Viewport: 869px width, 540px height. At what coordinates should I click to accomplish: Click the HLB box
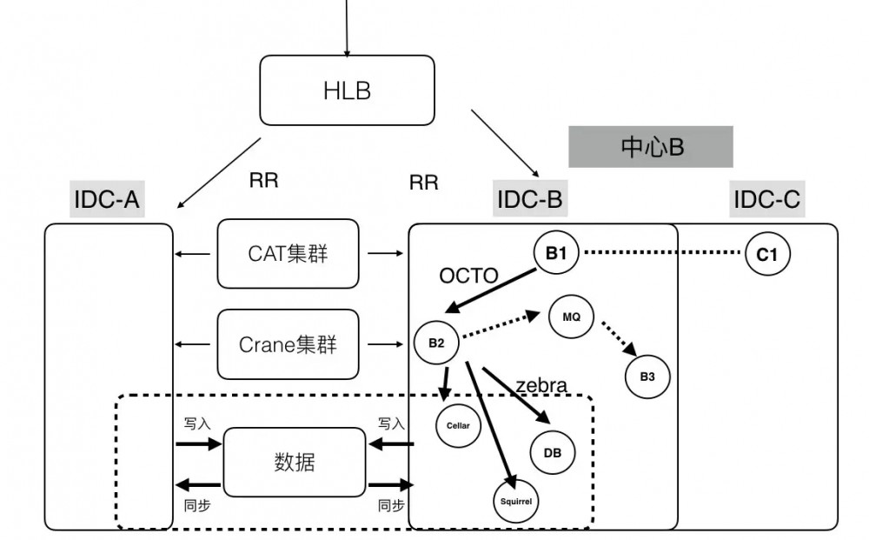[347, 90]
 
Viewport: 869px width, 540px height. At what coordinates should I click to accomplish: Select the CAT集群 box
[288, 253]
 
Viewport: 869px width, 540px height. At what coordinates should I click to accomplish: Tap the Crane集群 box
[288, 344]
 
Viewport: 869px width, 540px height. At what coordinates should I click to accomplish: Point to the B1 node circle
[556, 254]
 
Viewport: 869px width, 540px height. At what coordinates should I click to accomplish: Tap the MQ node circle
[571, 317]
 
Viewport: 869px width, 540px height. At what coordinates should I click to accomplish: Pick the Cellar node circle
[458, 425]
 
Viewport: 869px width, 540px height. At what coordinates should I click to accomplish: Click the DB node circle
[553, 452]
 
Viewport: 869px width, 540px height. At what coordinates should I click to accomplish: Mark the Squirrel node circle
[516, 502]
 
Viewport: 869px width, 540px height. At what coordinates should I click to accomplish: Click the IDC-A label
[107, 200]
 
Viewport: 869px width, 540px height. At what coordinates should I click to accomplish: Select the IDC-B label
[529, 199]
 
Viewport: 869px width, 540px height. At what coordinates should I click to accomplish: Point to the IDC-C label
[766, 200]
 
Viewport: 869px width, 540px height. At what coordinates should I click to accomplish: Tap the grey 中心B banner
[652, 147]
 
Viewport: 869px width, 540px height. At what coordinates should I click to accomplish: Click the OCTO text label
[468, 277]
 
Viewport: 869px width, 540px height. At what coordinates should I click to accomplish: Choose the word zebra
[541, 385]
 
